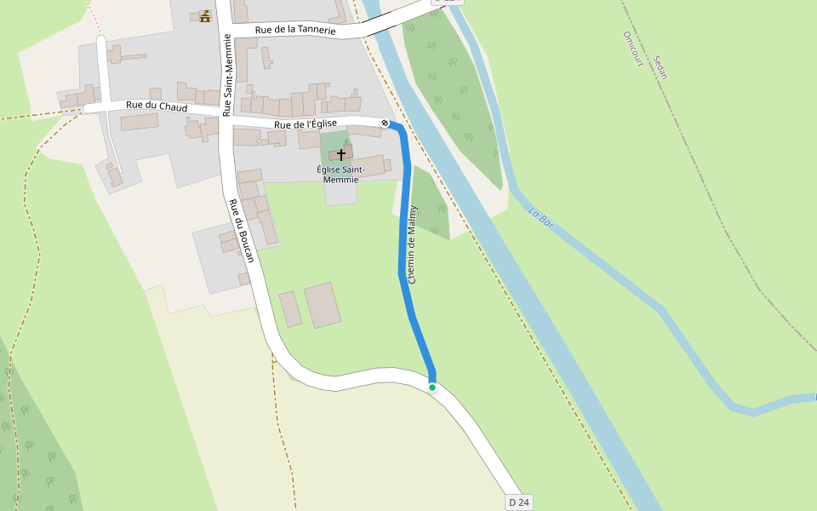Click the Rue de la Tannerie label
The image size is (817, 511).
295,30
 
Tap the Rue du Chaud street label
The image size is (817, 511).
157,106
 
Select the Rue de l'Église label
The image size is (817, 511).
306,124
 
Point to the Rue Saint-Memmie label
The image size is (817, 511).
227,75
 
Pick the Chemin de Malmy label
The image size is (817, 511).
413,244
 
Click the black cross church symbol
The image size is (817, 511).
341,154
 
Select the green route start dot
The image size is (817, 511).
432,388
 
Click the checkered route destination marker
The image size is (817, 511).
385,123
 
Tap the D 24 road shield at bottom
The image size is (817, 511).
518,502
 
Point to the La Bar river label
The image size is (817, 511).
541,218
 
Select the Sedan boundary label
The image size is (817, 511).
660,67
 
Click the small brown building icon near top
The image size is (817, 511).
204,15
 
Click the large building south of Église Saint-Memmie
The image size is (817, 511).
323,305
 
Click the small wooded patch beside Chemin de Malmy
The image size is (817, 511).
430,204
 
